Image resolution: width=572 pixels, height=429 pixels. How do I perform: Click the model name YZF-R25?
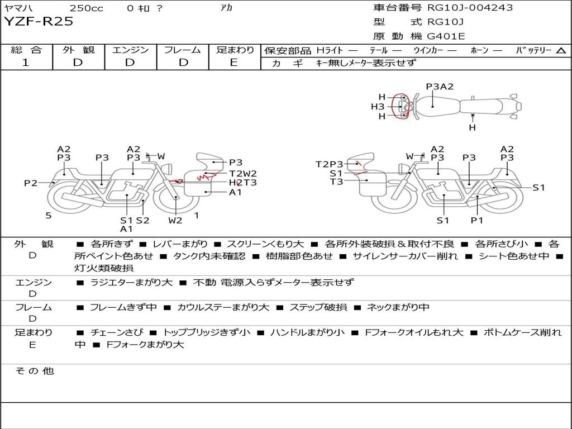[x=39, y=22]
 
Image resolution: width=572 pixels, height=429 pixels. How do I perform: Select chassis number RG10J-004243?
[x=470, y=8]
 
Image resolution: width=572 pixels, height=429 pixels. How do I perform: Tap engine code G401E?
[x=446, y=36]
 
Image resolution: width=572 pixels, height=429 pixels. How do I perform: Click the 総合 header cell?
[x=26, y=50]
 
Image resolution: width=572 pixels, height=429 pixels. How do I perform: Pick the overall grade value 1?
[x=26, y=63]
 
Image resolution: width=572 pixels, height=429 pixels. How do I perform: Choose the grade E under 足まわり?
[x=234, y=63]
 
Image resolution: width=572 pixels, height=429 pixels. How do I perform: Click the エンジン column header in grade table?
[x=130, y=50]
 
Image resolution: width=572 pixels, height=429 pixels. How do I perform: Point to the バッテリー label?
[x=533, y=50]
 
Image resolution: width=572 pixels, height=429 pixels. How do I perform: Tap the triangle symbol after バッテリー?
[x=561, y=51]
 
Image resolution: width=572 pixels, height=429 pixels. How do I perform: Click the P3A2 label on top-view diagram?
[x=440, y=87]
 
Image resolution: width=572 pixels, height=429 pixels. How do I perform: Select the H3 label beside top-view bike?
[x=378, y=107]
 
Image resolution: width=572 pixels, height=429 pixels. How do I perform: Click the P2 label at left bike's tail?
[x=31, y=183]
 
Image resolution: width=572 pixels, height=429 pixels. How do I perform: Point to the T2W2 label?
[x=243, y=173]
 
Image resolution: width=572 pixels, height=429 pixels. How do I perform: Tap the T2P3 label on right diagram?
[x=329, y=164]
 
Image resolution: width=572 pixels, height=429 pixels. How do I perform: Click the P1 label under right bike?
[x=476, y=220]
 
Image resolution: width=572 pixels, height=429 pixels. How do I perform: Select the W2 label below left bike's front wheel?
[x=175, y=220]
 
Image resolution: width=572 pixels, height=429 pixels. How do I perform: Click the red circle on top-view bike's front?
[x=400, y=107]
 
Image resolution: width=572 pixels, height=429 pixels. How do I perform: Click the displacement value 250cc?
[x=86, y=8]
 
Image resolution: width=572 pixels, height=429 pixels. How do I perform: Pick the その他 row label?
[x=34, y=371]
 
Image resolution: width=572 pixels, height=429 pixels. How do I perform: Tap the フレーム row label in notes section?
[x=33, y=307]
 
